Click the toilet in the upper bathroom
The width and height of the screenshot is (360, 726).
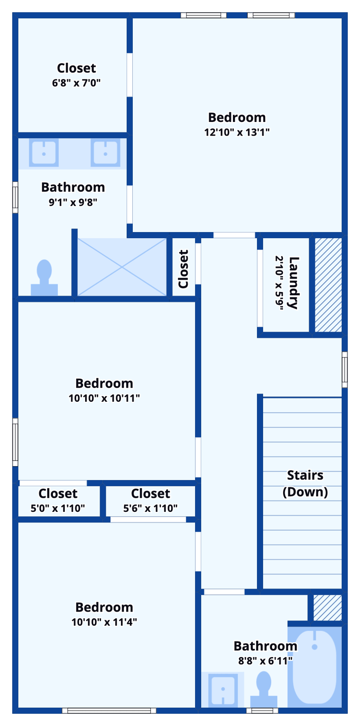coord(44,278)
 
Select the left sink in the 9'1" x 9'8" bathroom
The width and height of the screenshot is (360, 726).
coord(43,153)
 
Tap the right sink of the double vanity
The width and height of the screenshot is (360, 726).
coord(105,153)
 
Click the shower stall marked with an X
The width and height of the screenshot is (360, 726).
coord(122,268)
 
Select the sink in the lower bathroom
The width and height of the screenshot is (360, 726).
coord(223,690)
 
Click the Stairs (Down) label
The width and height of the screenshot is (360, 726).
coord(305,483)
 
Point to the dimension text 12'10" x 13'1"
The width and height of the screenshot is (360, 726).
coord(237,132)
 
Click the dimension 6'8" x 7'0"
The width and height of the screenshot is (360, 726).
coord(77,83)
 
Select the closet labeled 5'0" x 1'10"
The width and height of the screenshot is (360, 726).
coord(58,501)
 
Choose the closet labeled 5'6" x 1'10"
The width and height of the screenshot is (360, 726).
coord(150,501)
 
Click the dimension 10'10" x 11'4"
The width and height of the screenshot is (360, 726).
coord(104,622)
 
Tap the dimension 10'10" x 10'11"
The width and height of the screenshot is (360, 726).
coord(104,398)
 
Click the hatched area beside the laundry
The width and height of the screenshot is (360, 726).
coord(328,285)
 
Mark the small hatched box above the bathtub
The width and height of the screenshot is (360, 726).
coord(327,607)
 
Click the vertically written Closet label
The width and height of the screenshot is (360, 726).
coord(183,269)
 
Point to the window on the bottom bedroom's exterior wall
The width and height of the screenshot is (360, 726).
coord(109,710)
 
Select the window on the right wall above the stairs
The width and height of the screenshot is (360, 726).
coord(345,370)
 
